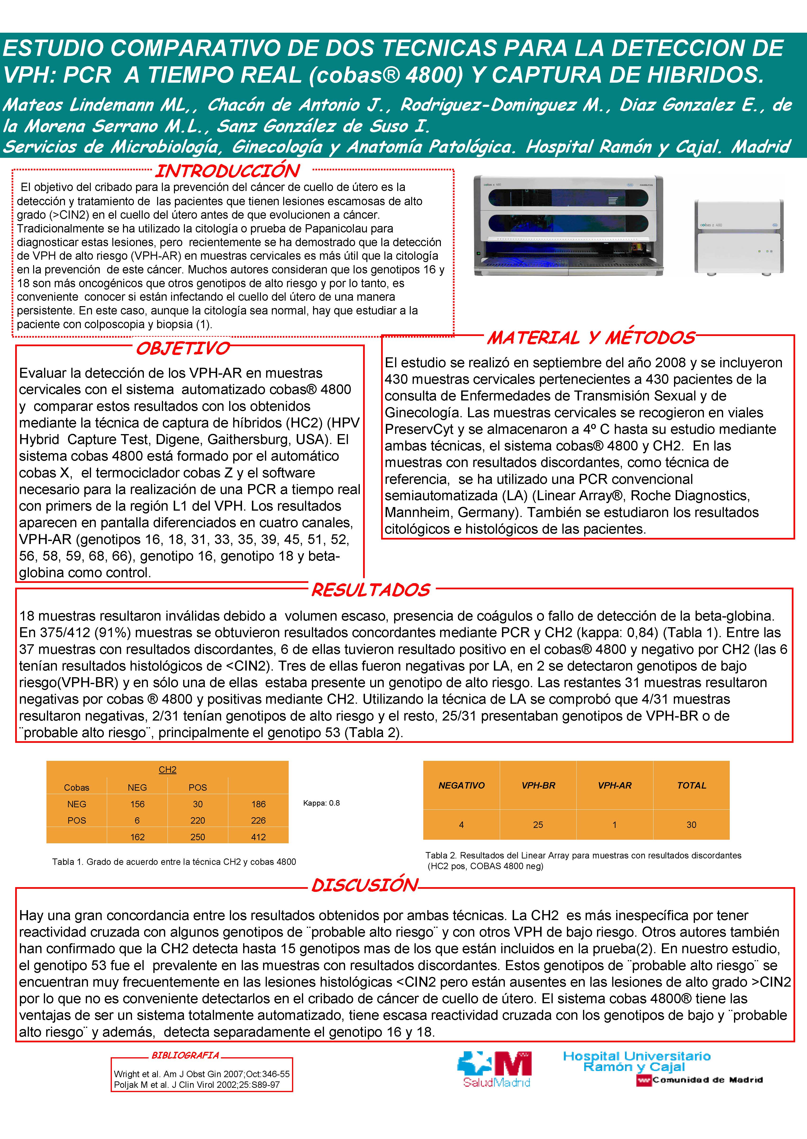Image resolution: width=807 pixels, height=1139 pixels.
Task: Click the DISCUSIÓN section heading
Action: [x=365, y=885]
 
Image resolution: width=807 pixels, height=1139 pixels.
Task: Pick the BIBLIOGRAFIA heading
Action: [x=185, y=1055]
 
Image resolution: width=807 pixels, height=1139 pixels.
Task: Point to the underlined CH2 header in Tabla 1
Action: [x=168, y=769]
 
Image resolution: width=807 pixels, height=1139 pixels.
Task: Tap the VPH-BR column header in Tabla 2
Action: [x=538, y=785]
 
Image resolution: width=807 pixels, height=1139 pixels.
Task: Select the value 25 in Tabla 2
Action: [x=538, y=825]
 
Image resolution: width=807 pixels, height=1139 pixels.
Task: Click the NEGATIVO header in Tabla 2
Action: [x=461, y=785]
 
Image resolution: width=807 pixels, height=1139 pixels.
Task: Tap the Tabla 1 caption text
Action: [x=174, y=862]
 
